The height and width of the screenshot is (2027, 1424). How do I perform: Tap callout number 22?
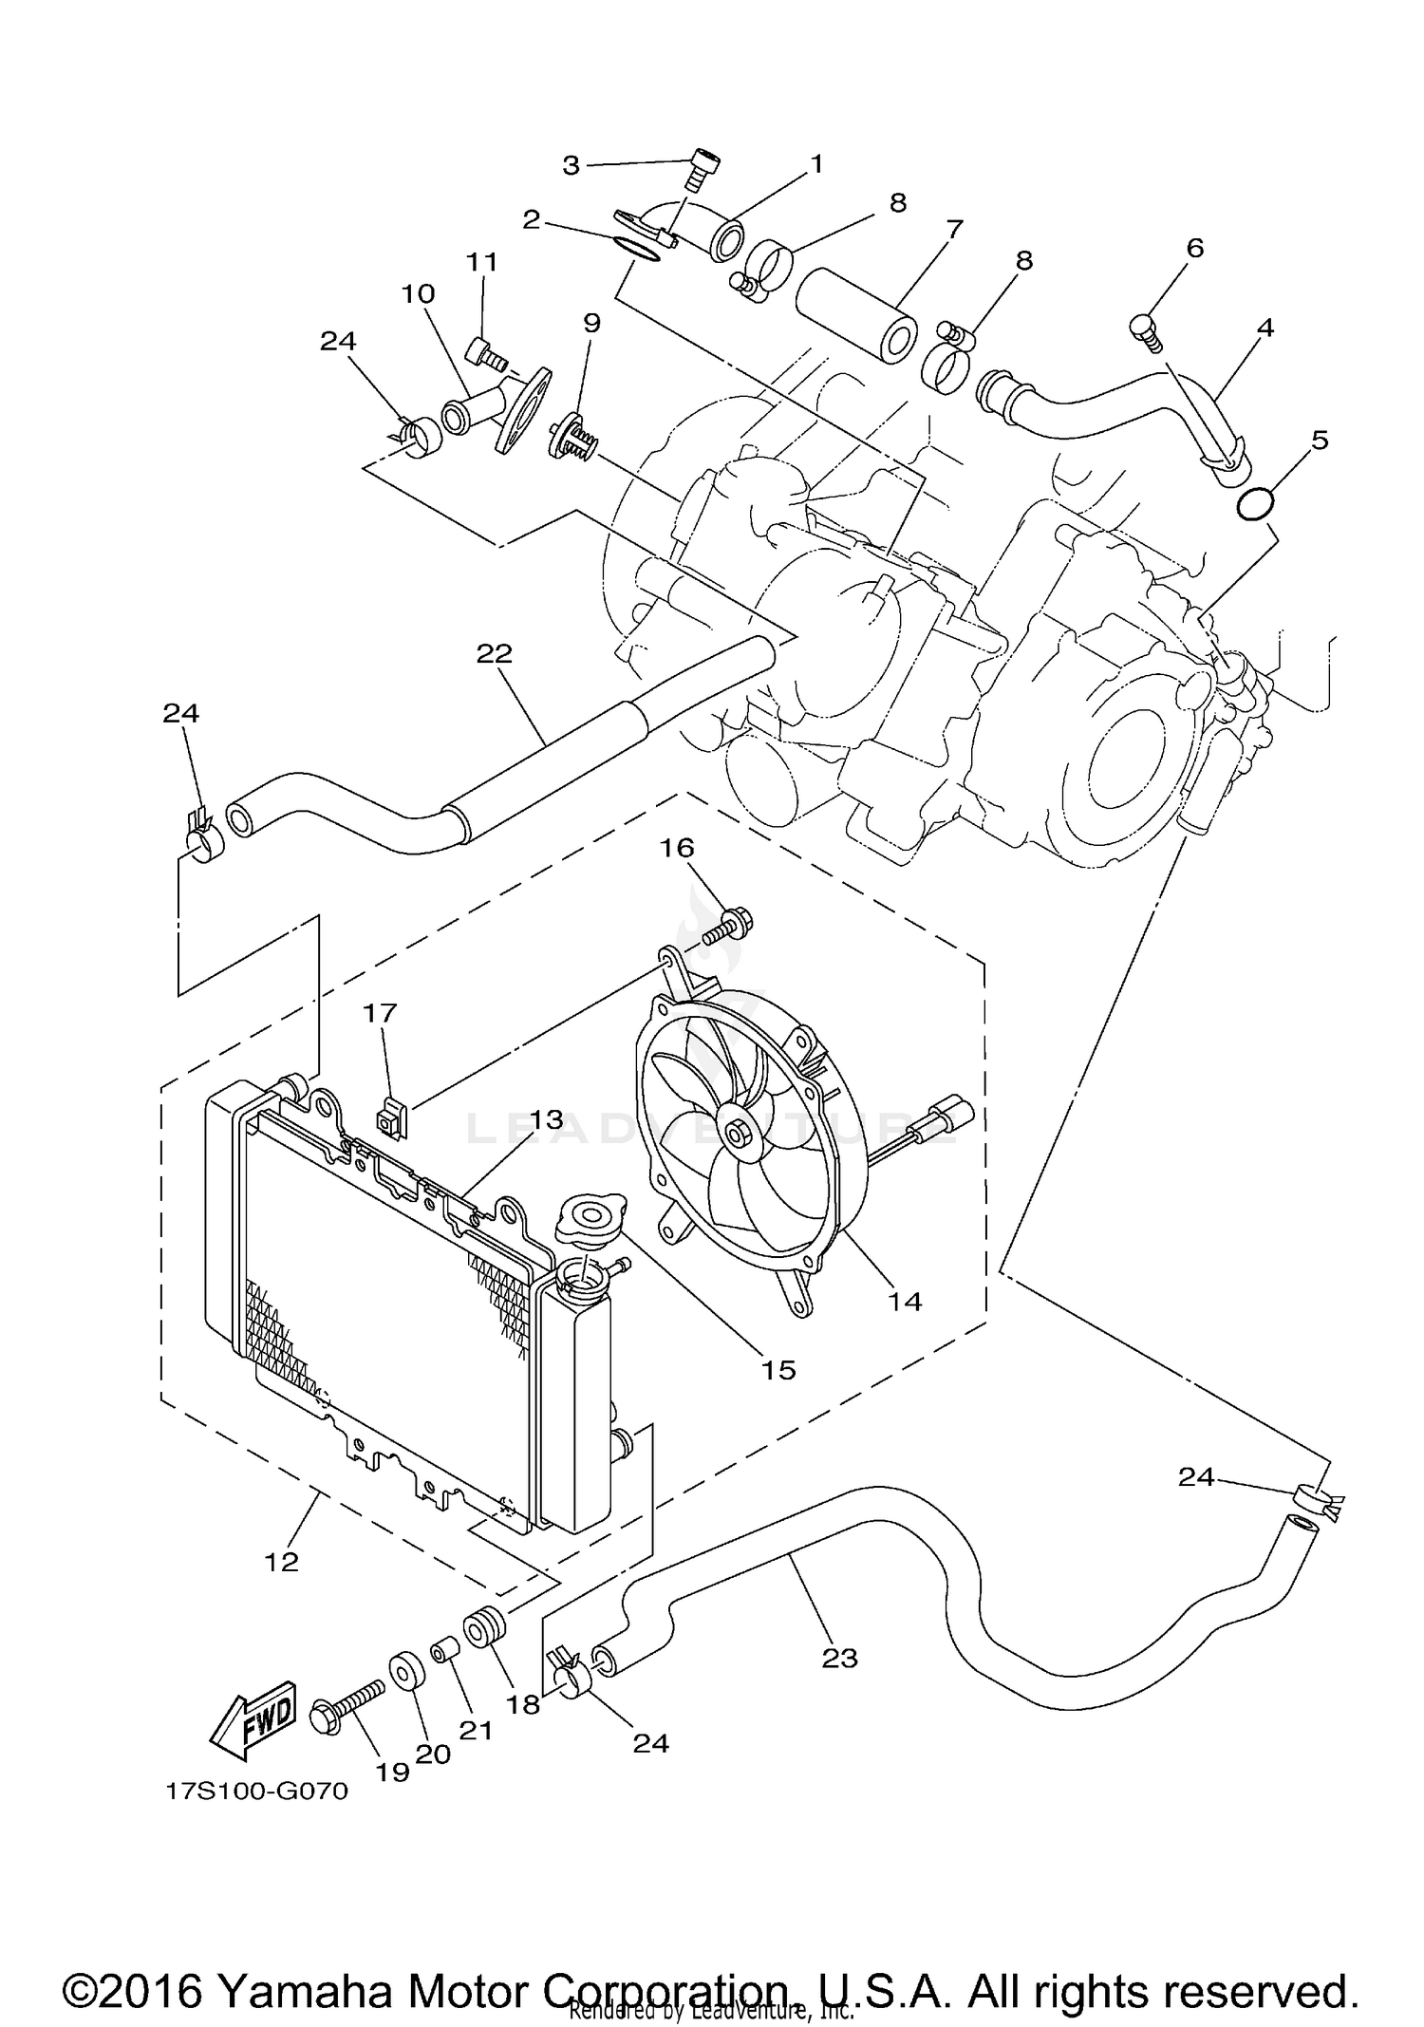pos(495,653)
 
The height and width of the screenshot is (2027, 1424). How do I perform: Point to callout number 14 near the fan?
pos(905,1301)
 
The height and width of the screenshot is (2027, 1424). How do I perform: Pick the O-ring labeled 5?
pos(1256,504)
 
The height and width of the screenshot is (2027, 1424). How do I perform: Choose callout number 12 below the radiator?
pos(282,1562)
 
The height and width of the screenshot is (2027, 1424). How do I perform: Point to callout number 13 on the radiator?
pos(547,1119)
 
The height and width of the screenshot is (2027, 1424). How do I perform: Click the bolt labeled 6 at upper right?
pos(1147,332)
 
